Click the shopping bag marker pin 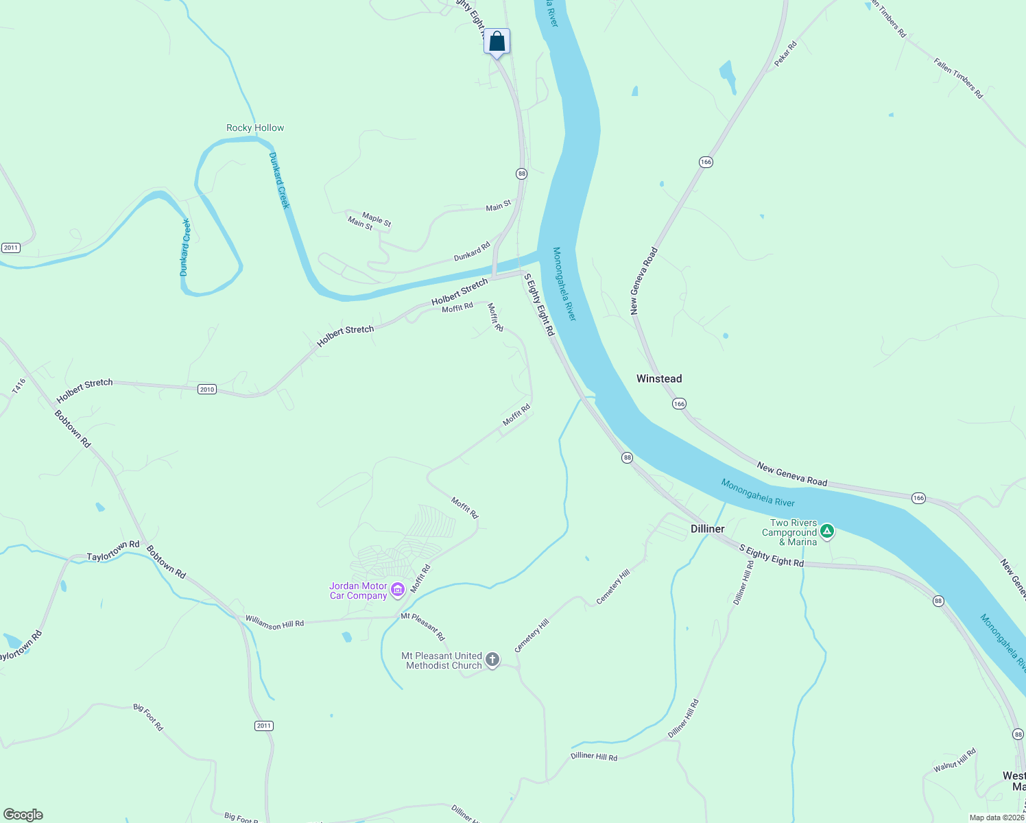pos(497,42)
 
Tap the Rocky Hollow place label pos(255,128)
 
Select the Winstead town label pos(659,379)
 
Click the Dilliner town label pos(707,529)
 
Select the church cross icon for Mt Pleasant pos(492,660)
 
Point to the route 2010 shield pos(207,389)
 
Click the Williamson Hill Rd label pos(274,623)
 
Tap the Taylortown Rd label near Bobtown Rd pos(113,551)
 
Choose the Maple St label pos(377,219)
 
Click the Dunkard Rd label pos(472,252)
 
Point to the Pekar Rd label pos(785,54)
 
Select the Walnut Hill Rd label pos(954,761)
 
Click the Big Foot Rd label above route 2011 pos(148,717)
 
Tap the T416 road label pos(19,386)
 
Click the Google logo pos(23,815)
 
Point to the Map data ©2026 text pos(996,818)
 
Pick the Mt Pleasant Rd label pos(422,626)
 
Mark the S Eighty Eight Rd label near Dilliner pos(771,556)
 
